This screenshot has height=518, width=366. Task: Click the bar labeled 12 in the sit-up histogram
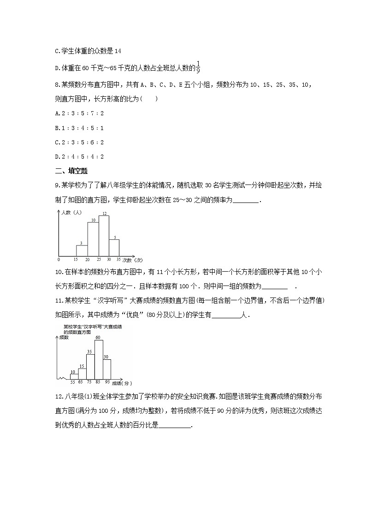coord(104,235)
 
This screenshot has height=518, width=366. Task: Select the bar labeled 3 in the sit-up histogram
coord(82,250)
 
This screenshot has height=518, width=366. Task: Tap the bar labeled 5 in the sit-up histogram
coord(114,247)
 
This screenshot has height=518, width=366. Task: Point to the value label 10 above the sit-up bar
coord(93,220)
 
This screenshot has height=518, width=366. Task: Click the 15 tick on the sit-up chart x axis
coord(77,259)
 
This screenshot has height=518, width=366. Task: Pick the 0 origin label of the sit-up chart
coord(59,259)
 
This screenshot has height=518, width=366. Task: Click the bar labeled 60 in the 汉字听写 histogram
coord(98,360)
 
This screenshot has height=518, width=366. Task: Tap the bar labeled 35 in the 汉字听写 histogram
coord(90,367)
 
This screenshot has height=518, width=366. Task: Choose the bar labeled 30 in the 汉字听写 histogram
coord(106,369)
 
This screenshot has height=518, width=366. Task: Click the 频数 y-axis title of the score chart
coord(65,338)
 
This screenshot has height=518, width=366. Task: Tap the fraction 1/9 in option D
coord(198,67)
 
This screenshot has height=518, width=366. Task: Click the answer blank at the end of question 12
coord(174,426)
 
